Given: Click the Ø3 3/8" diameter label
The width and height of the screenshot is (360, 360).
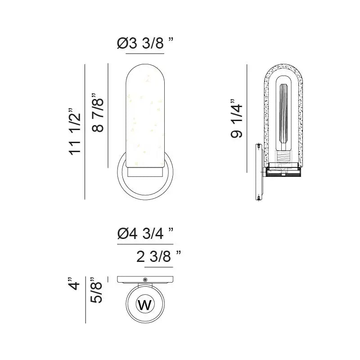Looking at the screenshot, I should point(145,44).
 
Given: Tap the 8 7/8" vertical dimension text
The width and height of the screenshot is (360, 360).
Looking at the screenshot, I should point(98,112).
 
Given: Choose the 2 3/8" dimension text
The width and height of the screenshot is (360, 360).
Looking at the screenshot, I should point(158,257).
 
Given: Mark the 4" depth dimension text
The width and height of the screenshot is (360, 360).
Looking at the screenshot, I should point(75,285).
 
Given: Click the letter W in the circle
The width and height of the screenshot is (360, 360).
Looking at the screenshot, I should point(145,305).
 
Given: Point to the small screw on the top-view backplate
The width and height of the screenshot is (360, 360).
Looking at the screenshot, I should point(145,279).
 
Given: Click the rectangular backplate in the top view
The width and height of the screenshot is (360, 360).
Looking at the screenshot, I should point(130,279).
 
